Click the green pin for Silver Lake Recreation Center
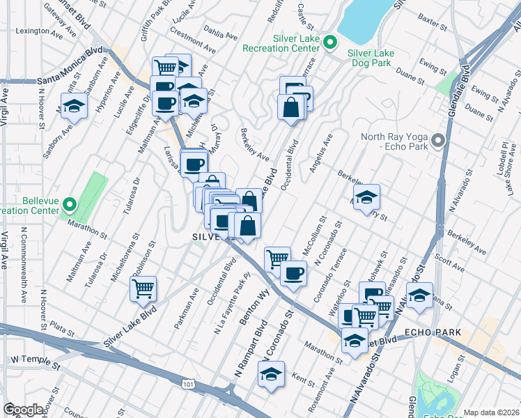click(x=330, y=43)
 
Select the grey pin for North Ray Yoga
click(x=438, y=141)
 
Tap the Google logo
click(x=24, y=410)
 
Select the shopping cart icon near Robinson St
click(x=143, y=288)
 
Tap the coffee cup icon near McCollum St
click(x=294, y=272)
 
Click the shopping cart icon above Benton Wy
click(x=277, y=258)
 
